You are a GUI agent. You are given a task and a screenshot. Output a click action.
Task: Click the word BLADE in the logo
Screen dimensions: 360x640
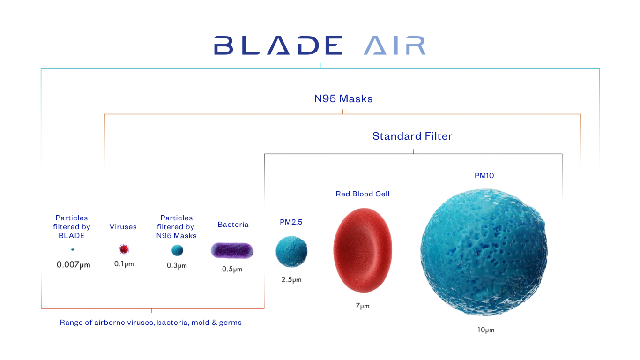(278, 45)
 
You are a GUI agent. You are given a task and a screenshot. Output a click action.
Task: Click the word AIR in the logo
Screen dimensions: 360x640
(394, 45)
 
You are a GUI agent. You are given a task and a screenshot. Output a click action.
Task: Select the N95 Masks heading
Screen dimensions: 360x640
(343, 99)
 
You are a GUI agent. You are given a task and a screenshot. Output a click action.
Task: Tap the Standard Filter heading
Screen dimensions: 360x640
(412, 136)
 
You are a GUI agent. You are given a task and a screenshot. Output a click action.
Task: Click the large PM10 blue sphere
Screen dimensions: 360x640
(484, 252)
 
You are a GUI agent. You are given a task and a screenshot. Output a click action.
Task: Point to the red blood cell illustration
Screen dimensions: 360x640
(363, 251)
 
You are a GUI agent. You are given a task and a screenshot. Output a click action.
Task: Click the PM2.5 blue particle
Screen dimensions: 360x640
(291, 252)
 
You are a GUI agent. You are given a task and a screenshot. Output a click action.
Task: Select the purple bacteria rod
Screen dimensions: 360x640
(232, 250)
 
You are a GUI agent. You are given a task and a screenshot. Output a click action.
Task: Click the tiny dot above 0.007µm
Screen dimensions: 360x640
(72, 250)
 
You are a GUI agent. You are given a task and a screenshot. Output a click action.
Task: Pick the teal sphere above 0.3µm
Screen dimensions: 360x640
(177, 250)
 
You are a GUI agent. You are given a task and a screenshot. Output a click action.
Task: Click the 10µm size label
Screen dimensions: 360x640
(486, 330)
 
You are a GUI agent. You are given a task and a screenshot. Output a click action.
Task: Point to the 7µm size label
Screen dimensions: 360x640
(362, 306)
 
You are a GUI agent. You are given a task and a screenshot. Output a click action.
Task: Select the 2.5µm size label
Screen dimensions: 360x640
(291, 280)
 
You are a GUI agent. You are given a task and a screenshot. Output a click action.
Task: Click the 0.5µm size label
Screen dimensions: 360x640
(232, 270)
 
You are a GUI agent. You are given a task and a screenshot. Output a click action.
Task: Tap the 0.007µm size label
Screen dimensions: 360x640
(74, 265)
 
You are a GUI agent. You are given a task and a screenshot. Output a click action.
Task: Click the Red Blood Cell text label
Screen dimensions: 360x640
(363, 194)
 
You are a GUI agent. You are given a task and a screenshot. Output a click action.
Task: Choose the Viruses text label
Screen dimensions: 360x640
(123, 227)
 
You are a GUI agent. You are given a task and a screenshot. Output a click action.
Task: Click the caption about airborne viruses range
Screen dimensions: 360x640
(151, 322)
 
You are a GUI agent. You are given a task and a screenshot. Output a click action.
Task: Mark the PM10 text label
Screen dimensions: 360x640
(484, 176)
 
